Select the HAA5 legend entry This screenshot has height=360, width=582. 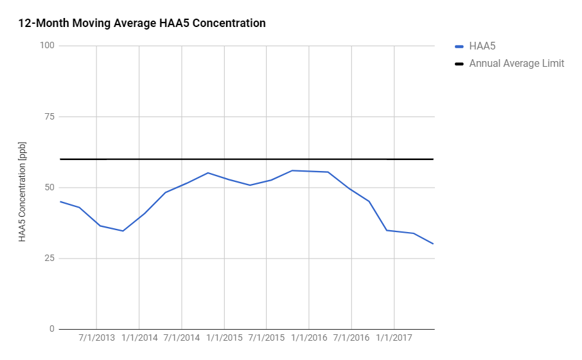click(482, 46)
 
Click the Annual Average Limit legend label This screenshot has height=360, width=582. click(516, 63)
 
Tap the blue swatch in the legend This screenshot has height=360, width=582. click(459, 46)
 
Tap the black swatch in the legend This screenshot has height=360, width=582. click(459, 64)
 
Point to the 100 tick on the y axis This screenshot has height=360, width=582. click(48, 46)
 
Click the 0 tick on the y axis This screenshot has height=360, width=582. click(52, 329)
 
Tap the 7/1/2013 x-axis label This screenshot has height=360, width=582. click(97, 337)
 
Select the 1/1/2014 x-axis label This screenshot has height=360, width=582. click(139, 337)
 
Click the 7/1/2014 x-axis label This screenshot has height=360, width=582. click(182, 337)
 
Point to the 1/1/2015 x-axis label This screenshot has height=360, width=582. click(224, 337)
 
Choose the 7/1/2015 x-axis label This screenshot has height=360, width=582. click(267, 337)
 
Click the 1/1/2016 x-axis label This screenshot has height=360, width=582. click(309, 337)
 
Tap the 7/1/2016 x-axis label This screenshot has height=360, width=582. click(351, 337)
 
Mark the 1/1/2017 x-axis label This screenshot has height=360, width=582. click(394, 337)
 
